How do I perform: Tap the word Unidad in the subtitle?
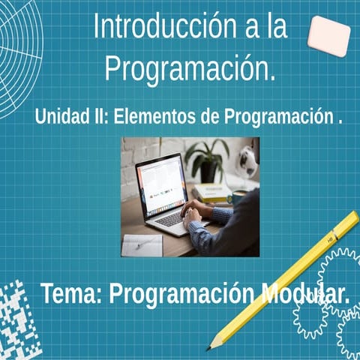61,118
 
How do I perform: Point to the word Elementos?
154,118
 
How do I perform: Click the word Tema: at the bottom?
71,293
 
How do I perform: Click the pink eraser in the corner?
328,35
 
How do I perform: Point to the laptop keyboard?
171,218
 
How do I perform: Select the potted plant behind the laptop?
207,158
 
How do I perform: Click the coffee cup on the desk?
238,196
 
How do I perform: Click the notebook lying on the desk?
142,244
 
